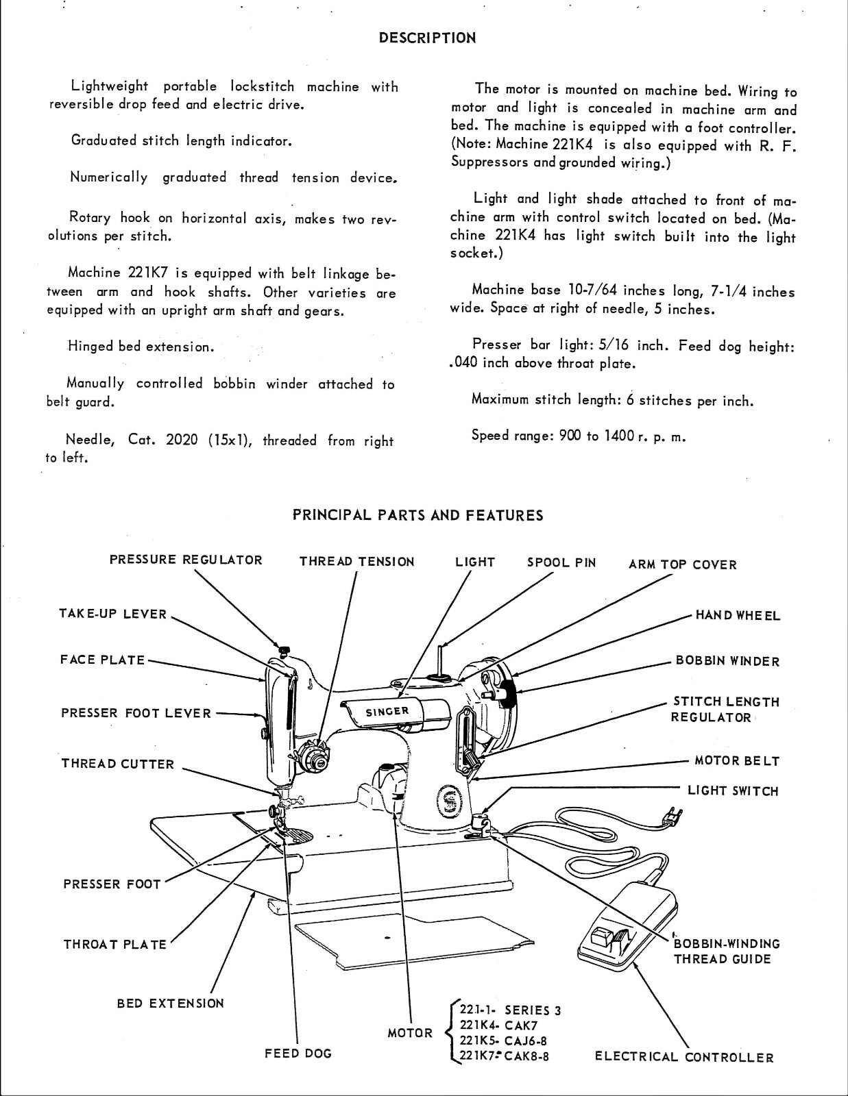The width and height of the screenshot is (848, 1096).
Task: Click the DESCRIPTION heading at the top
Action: pyautogui.click(x=427, y=38)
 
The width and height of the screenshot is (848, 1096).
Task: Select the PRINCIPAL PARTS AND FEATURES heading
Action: pyautogui.click(x=418, y=515)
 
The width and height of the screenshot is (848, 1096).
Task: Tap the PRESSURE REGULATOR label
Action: pyautogui.click(x=186, y=560)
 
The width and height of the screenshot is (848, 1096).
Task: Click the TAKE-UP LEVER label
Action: pyautogui.click(x=113, y=614)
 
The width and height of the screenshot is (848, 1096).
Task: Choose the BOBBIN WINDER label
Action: pyautogui.click(x=727, y=662)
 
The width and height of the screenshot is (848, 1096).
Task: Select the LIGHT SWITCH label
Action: pyautogui.click(x=733, y=791)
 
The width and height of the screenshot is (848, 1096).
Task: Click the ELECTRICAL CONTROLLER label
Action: pyautogui.click(x=684, y=1058)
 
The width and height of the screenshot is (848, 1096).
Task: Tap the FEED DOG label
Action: pyautogui.click(x=298, y=1054)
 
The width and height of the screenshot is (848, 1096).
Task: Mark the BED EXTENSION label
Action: pyautogui.click(x=171, y=1004)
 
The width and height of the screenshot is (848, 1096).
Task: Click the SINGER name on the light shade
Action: pyautogui.click(x=387, y=712)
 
